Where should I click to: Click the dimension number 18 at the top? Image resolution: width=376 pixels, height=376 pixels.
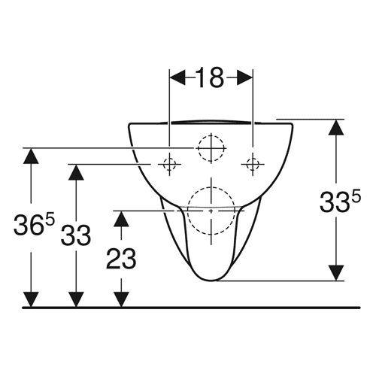[x=210, y=77]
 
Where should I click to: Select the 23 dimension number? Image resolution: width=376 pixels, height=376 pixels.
[x=121, y=259]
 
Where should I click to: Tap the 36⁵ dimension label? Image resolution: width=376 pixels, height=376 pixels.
[x=34, y=225]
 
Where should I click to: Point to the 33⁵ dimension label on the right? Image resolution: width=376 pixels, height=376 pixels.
[x=340, y=201]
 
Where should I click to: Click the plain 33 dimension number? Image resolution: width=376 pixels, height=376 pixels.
[x=76, y=235]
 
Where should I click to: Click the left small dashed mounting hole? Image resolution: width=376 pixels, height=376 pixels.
[x=169, y=165]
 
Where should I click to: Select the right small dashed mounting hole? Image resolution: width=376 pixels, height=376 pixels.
[x=253, y=165]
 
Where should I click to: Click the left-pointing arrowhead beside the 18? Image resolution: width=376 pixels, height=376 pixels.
[x=177, y=77]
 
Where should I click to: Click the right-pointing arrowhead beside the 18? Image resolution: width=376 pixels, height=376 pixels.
[x=244, y=77]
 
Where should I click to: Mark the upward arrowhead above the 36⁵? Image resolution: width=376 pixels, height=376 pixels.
[x=31, y=156]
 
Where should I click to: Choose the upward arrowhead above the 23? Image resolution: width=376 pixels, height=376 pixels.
[x=121, y=219]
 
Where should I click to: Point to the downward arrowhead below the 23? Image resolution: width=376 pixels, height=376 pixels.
[x=121, y=299]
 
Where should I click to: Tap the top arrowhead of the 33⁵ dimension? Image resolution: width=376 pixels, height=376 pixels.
[x=336, y=127]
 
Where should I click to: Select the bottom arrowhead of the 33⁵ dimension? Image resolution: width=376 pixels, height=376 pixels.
[x=336, y=273]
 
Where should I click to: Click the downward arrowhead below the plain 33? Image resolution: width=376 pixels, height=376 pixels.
[x=76, y=299]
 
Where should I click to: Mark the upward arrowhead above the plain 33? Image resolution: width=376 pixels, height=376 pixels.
[x=76, y=172]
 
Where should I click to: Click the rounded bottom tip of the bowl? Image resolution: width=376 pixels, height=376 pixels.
[x=211, y=280]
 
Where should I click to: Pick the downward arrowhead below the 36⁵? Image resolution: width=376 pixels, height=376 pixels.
[x=31, y=299]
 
